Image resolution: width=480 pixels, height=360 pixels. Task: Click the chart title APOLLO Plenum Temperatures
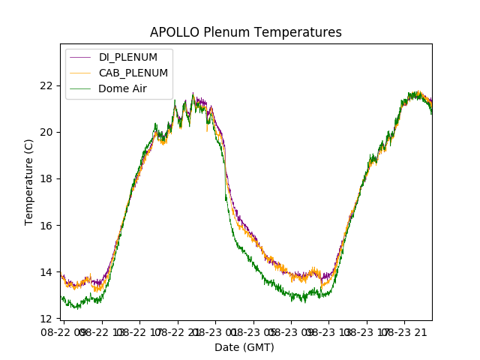point(245,32)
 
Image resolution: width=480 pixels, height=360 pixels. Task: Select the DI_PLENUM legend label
point(127,57)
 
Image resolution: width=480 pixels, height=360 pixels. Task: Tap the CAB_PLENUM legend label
point(133,73)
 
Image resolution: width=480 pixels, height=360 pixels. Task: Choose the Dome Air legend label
point(122,88)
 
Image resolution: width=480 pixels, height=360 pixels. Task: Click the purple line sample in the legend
point(80,57)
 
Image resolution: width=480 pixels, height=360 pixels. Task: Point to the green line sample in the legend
point(80,88)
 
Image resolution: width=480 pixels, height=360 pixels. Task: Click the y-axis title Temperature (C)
point(29,181)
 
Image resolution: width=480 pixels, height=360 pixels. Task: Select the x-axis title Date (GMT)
point(244,347)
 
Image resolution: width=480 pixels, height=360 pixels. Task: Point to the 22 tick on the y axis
point(47,85)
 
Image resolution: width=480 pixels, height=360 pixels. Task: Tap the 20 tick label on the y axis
point(47,132)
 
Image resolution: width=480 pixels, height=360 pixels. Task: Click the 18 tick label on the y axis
point(47,178)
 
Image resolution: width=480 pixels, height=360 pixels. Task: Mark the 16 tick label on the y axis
point(47,225)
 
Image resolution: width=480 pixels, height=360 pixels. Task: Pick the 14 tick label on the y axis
point(47,272)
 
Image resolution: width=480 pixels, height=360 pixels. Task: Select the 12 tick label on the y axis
point(47,319)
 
